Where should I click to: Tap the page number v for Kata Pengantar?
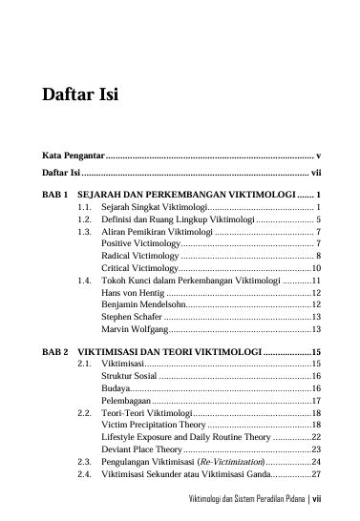pyautogui.click(x=317, y=155)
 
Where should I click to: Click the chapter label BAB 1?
pyautogui.click(x=55, y=194)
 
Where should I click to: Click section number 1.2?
pyautogui.click(x=84, y=219)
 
